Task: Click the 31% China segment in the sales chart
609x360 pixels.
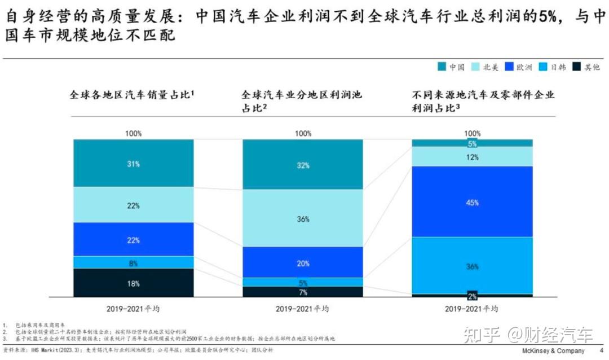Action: coord(133,164)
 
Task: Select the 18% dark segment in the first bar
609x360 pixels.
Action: coord(133,283)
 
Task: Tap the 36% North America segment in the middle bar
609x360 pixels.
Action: coord(303,218)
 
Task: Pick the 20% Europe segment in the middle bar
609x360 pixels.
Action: coord(303,262)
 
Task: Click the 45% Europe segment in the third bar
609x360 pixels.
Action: coord(472,202)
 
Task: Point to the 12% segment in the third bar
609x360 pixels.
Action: coord(472,157)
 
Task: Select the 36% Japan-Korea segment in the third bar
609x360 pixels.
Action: coord(472,266)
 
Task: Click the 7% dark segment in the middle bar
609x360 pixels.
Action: coord(303,292)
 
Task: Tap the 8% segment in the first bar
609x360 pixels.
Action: coord(133,262)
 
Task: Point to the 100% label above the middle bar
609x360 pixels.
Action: coord(303,134)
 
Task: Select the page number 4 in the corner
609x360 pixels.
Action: coord(601,351)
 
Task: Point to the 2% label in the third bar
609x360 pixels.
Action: coord(472,295)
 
